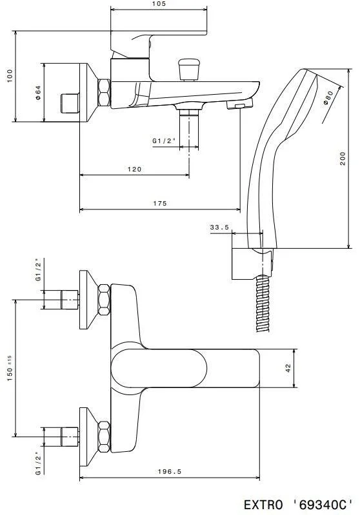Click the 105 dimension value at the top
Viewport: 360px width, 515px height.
pos(159,4)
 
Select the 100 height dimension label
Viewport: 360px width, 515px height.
pos(8,76)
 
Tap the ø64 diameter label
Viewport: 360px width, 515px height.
pos(38,92)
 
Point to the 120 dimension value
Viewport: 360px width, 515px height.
pos(134,169)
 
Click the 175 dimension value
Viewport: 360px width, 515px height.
pos(160,203)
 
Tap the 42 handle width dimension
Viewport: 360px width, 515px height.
pos(288,368)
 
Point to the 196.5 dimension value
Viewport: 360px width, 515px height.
pos(170,471)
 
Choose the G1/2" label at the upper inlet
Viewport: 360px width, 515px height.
pos(38,270)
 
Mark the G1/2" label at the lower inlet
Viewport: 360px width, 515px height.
pos(38,463)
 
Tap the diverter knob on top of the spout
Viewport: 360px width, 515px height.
pos(188,67)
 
